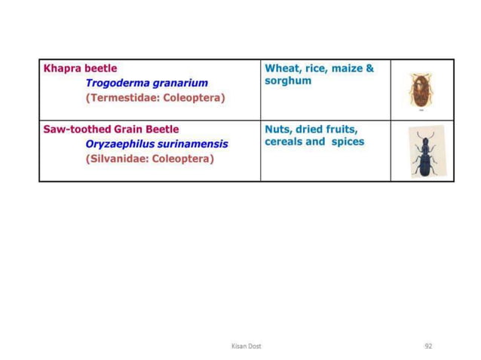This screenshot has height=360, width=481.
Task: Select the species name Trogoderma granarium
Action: point(146,83)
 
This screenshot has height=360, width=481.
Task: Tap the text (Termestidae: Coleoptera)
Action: point(155,98)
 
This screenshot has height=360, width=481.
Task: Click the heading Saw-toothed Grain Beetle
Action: point(111,129)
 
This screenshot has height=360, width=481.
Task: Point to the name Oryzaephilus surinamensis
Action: point(156,144)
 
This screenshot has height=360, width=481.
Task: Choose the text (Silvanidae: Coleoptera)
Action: point(149,159)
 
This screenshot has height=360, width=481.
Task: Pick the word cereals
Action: point(283,142)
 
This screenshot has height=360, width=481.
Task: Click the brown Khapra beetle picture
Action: point(418,90)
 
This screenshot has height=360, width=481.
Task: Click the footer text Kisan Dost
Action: point(246,346)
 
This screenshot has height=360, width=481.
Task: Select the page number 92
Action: point(428,346)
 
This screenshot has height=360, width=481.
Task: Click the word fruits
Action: point(341,129)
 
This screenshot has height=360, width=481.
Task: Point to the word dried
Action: point(309,129)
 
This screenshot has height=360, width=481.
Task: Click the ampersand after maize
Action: point(369,68)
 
